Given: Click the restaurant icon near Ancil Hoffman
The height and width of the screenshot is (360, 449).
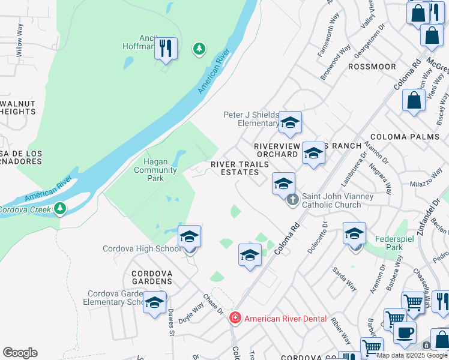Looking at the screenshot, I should click(166, 48).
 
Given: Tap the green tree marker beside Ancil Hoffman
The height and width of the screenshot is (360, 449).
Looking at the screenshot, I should click(199, 49).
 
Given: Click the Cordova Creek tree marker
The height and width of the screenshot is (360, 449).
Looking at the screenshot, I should click(59, 208).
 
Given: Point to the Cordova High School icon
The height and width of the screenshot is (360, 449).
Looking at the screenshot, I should click(189, 236).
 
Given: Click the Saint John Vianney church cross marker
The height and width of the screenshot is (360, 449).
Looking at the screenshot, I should click(292, 199).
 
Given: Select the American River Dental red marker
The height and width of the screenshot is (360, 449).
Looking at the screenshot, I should click(235, 318).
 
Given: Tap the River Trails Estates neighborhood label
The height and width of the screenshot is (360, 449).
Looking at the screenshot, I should click(235, 168).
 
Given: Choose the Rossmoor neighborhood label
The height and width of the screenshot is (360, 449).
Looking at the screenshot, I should click(372, 67).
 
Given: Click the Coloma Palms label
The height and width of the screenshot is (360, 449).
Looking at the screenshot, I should click(414, 137).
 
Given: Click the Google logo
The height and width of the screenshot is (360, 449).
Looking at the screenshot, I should click(20, 353).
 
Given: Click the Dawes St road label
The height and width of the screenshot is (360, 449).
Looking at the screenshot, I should click(170, 322).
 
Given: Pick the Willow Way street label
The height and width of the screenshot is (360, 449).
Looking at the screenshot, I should click(20, 40).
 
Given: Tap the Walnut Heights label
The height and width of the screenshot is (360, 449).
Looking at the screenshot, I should click(17, 107).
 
